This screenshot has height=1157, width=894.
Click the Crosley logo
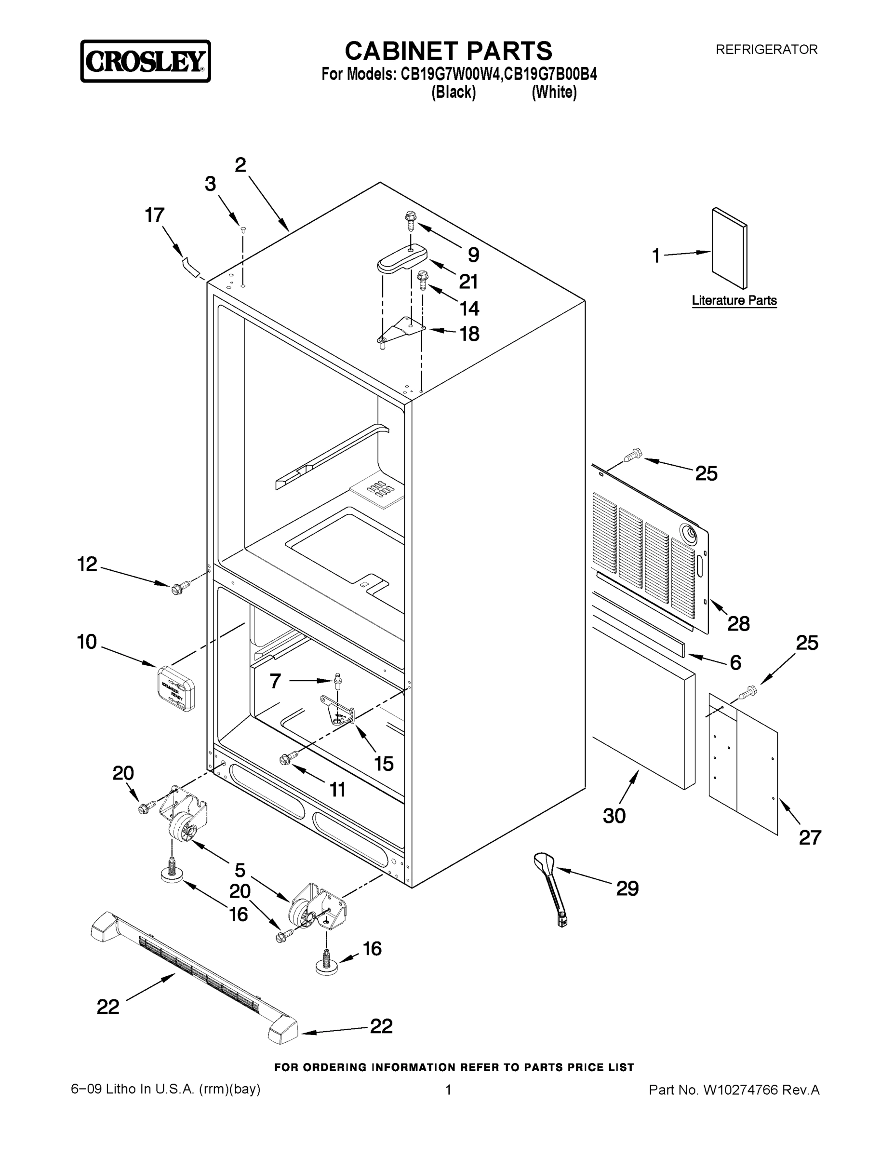(x=145, y=61)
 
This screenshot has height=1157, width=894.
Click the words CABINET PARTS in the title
(x=448, y=52)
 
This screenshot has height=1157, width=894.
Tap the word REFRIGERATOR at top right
(x=766, y=50)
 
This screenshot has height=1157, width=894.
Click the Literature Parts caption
(x=734, y=300)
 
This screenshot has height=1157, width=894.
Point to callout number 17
(x=155, y=215)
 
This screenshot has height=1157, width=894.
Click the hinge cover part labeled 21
(x=402, y=258)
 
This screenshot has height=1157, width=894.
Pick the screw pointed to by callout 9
(x=410, y=221)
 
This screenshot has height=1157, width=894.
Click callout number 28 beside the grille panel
(x=738, y=624)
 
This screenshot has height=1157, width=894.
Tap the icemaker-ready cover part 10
(x=176, y=687)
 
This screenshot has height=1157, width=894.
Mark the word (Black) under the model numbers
(x=454, y=92)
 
